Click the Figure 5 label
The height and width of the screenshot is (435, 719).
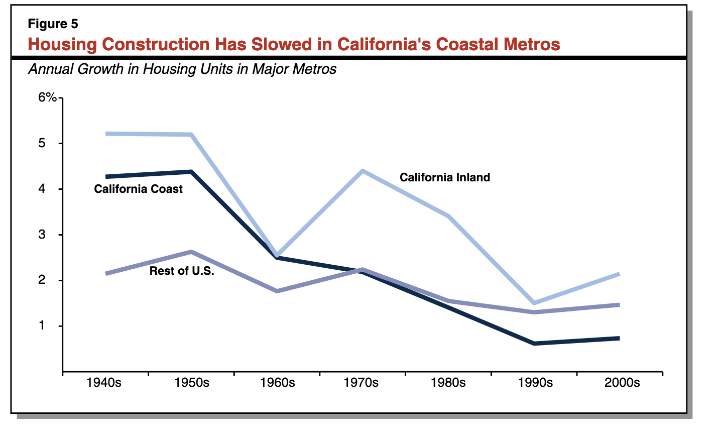53,24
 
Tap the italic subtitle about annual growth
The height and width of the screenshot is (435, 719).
182,69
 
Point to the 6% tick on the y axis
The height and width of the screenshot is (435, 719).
48,97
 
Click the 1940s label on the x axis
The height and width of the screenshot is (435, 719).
104,383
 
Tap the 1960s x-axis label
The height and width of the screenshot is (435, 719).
277,383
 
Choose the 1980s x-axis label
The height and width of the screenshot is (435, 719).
448,383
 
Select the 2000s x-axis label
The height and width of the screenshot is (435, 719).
622,383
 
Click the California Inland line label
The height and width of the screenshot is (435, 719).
444,177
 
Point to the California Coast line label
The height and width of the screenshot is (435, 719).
138,189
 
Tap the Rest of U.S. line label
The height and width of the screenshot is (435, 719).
182,271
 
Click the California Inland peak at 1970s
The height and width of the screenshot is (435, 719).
362,171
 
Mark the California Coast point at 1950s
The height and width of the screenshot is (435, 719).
191,172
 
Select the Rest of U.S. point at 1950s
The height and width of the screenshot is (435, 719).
191,251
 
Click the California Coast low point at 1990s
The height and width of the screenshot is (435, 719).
534,344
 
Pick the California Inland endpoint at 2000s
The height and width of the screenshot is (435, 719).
619,274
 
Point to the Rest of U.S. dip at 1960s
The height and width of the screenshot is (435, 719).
277,291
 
